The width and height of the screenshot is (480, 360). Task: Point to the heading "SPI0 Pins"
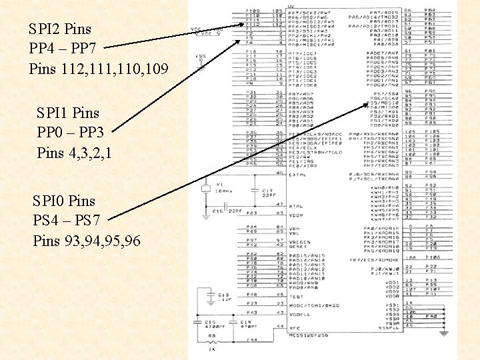coord(64,200)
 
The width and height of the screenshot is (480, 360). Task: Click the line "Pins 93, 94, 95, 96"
coord(87,241)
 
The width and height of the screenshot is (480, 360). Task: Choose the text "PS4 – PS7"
coord(70,220)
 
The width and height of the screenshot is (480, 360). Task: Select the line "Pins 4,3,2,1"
coord(74,153)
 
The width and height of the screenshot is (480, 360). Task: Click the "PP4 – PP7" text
coord(67,49)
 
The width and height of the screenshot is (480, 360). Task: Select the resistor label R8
coord(209,335)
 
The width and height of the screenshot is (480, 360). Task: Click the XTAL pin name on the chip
coord(296,206)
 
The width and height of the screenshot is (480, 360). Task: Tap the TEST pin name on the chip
coord(295,296)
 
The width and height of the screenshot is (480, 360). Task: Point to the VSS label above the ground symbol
coord(199,56)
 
